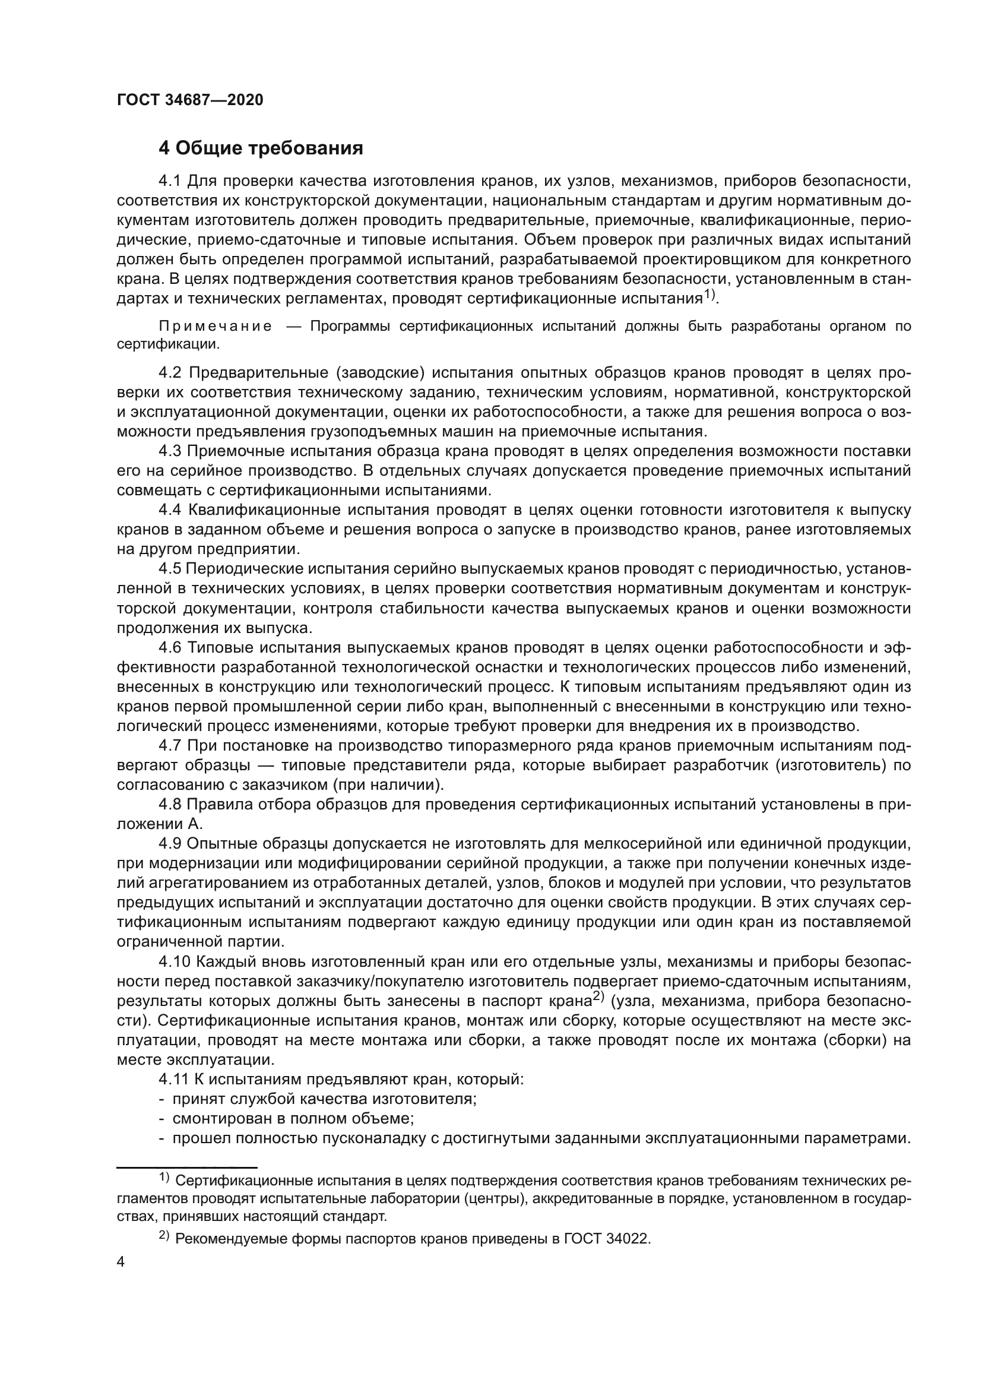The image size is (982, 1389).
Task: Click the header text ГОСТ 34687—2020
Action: point(190,100)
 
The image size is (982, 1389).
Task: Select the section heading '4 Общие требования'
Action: point(261,148)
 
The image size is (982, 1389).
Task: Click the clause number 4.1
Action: point(170,181)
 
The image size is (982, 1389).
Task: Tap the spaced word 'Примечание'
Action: point(216,327)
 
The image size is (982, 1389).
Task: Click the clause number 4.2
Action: point(170,373)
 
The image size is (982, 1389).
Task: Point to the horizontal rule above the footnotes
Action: point(187,1167)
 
